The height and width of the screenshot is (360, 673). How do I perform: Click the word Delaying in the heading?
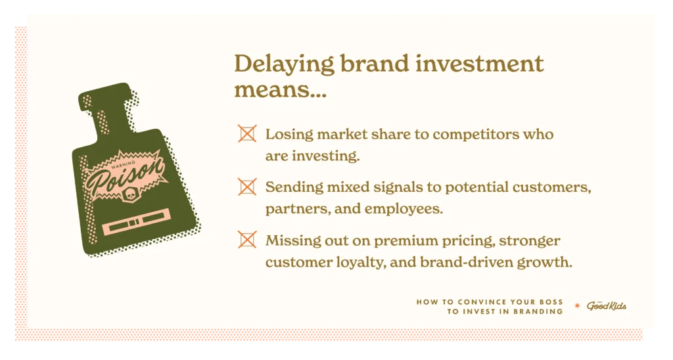click(284, 64)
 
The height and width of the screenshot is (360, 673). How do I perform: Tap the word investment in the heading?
click(480, 63)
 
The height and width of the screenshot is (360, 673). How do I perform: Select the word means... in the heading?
click(280, 89)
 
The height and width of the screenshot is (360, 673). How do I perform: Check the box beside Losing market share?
click(247, 133)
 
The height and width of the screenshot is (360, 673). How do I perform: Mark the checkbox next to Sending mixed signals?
click(247, 187)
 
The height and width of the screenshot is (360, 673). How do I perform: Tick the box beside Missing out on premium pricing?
click(247, 240)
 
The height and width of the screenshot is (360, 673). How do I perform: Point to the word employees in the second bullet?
click(404, 209)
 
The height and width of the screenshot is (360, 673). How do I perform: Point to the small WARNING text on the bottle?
click(123, 164)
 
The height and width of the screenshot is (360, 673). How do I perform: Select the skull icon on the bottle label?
click(129, 196)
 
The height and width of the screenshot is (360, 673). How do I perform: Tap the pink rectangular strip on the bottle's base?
click(136, 221)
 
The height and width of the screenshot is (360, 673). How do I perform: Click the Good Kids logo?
click(607, 306)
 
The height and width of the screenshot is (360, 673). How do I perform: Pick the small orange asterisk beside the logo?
click(577, 305)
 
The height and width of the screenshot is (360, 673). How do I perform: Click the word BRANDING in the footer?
click(538, 312)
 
